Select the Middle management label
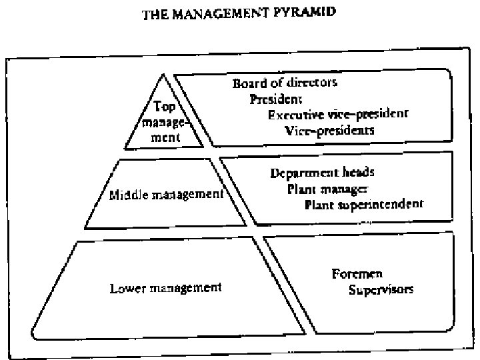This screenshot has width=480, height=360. click(165, 195)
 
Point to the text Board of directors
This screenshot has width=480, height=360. click(285, 83)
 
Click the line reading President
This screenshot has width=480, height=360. click(276, 99)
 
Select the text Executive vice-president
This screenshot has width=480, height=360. click(338, 115)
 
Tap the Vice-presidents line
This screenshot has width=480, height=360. click(329, 131)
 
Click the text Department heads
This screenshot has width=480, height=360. click(322, 173)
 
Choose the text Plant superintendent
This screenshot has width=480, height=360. click(363, 204)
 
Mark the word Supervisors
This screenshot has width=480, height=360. click(381, 290)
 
